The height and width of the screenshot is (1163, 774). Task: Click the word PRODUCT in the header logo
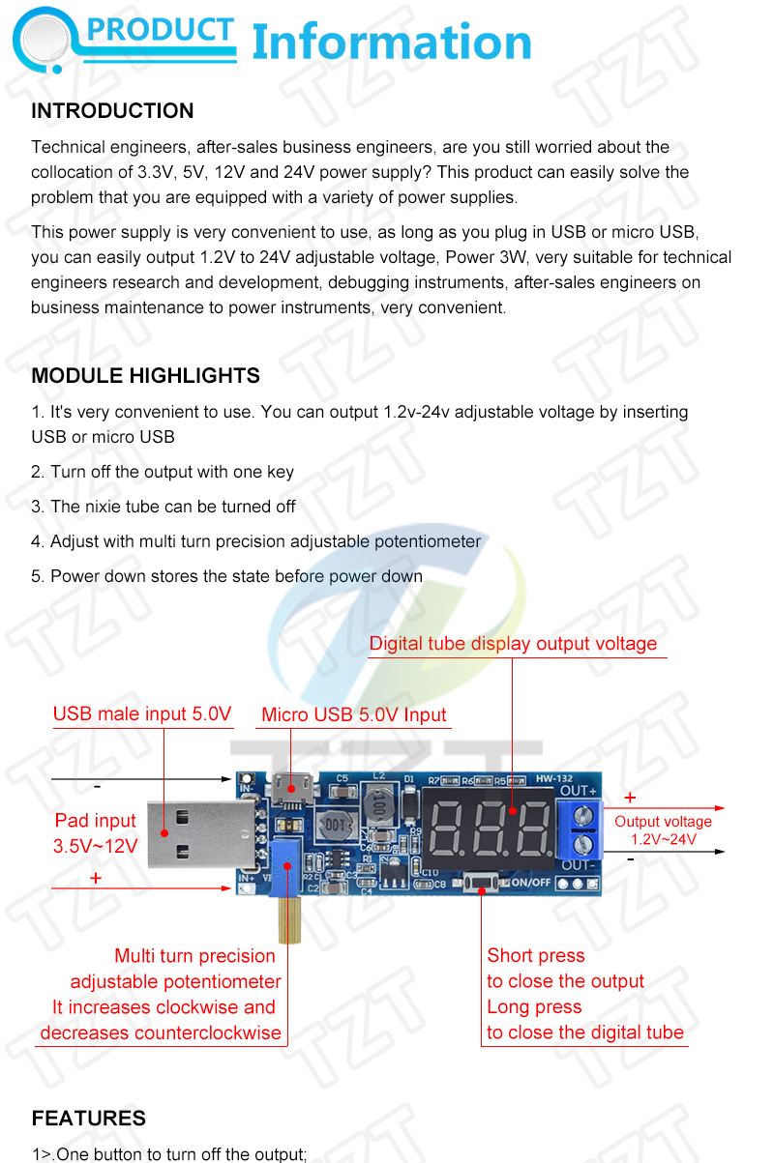coord(160,29)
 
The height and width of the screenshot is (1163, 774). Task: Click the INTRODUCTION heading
coord(112,110)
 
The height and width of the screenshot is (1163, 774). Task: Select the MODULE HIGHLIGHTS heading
coord(145,375)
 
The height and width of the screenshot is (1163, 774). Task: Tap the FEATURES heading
coord(88,1118)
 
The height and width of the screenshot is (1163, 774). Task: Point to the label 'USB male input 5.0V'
coord(142,713)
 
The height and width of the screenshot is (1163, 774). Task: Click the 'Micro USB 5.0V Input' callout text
coord(354,714)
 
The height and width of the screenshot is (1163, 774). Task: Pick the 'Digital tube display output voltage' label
coord(513,643)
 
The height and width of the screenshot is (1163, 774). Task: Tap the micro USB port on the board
coord(292,789)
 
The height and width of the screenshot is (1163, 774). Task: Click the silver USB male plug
coord(201,834)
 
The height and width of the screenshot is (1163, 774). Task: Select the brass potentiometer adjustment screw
coord(289,918)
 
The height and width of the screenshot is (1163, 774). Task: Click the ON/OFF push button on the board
coord(481,883)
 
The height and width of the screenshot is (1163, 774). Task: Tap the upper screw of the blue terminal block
coord(583,816)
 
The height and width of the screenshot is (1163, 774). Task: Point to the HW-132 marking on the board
coord(553,778)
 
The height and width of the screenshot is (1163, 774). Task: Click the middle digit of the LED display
coord(488,829)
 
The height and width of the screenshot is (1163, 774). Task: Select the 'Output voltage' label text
coord(663,822)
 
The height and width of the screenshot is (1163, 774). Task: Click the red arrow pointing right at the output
coord(664,808)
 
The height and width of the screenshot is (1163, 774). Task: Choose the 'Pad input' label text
coord(95,821)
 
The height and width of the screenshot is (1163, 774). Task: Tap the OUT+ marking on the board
coord(578,791)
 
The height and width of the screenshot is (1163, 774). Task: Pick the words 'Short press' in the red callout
coord(536,955)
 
